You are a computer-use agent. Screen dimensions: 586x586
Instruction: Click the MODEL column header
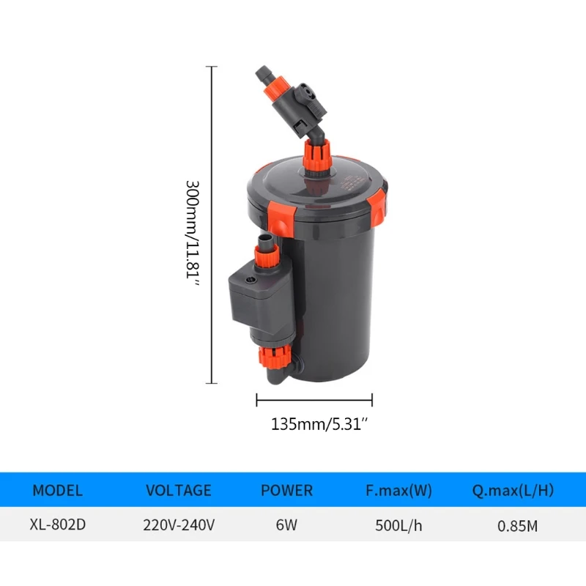coord(58,490)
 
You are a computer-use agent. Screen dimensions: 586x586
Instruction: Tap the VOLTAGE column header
coord(178,490)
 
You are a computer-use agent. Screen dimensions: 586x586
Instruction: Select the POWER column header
coord(286,490)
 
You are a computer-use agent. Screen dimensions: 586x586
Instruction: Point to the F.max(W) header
coord(398,490)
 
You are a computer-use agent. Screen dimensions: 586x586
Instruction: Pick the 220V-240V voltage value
coord(178,525)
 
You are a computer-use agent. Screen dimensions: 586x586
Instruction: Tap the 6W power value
coord(286,525)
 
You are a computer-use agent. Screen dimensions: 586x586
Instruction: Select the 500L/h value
coord(398,525)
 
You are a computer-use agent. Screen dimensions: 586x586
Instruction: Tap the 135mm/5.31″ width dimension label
coord(314,423)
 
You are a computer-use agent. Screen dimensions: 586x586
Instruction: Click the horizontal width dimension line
coord(314,400)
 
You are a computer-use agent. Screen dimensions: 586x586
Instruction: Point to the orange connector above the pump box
coord(267,256)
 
